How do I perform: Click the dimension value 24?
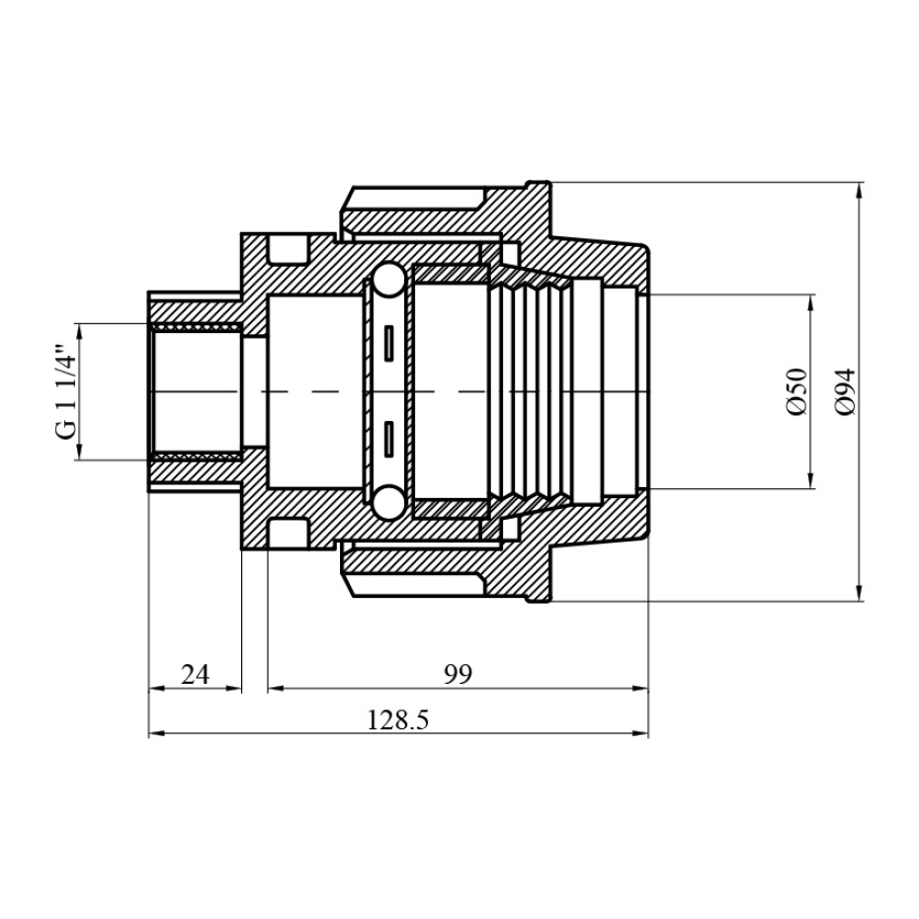coord(196,675)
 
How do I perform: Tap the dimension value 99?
coord(458,675)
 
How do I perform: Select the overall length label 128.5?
coord(398,719)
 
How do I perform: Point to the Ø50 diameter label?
coord(796,391)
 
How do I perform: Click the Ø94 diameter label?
coord(846,392)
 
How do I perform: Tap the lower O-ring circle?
coord(388,503)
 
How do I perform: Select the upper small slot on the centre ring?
coord(388,343)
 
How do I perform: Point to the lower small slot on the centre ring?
coord(388,439)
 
